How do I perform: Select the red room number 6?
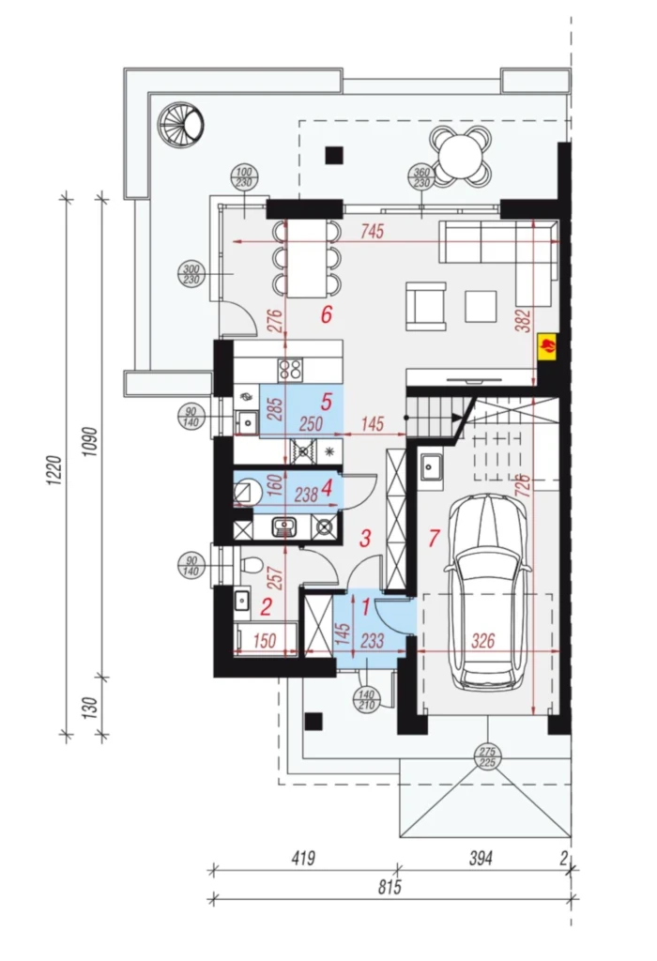(x=327, y=314)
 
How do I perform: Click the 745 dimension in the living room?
(x=372, y=232)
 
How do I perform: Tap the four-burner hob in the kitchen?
(x=290, y=369)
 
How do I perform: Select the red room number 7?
(x=434, y=538)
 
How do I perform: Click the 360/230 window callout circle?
(x=421, y=177)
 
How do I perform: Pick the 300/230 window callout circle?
(x=191, y=274)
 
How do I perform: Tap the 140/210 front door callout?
(x=366, y=699)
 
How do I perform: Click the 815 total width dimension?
(x=390, y=886)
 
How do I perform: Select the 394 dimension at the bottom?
(x=481, y=858)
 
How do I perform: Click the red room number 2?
(x=266, y=607)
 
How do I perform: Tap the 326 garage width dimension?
(x=483, y=641)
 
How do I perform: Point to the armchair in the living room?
(x=426, y=306)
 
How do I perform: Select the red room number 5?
(x=326, y=402)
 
